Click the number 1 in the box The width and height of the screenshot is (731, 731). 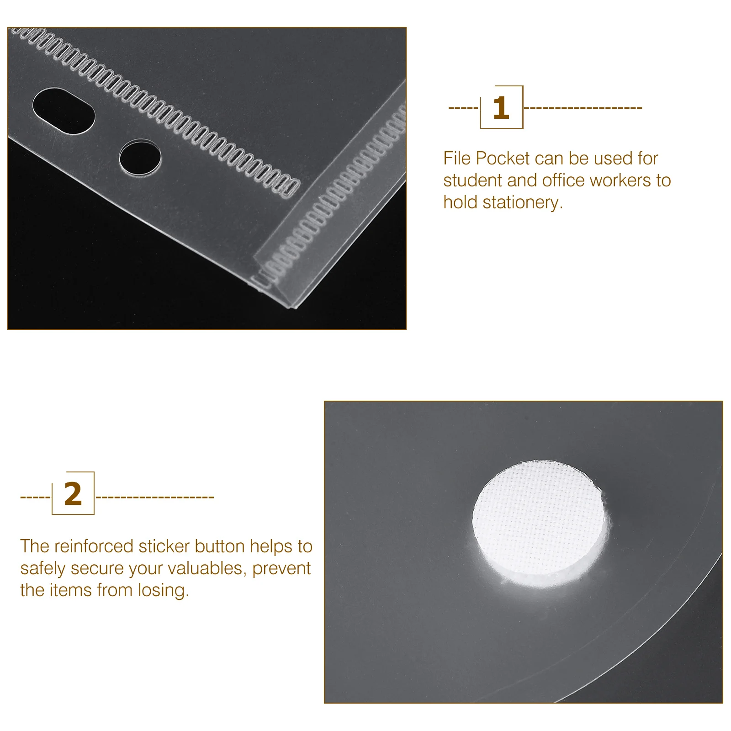click(x=501, y=108)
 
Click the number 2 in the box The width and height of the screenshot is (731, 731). click(x=73, y=494)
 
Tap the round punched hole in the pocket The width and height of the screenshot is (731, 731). click(x=140, y=158)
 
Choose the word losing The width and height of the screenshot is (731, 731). click(x=163, y=590)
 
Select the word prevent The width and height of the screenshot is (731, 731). click(x=281, y=568)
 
